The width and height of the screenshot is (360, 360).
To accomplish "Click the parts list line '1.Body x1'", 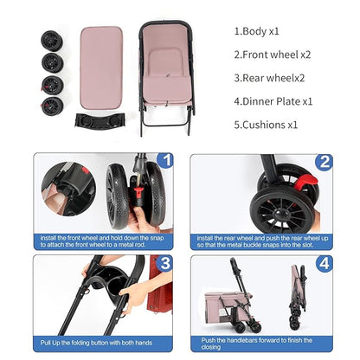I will pyautogui.click(x=256, y=31).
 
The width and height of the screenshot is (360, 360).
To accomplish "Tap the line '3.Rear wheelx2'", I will pyautogui.click(x=270, y=77).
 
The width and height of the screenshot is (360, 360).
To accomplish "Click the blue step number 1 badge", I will pyautogui.click(x=165, y=160).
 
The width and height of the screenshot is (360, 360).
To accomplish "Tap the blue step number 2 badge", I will pyautogui.click(x=324, y=161).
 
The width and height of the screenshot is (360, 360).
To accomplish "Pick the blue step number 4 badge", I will pyautogui.click(x=324, y=262).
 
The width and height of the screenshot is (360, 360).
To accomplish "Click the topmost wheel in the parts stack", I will pyautogui.click(x=51, y=40).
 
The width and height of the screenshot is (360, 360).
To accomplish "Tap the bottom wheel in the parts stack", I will pyautogui.click(x=52, y=106).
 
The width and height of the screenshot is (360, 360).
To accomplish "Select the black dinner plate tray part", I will pyautogui.click(x=100, y=120).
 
